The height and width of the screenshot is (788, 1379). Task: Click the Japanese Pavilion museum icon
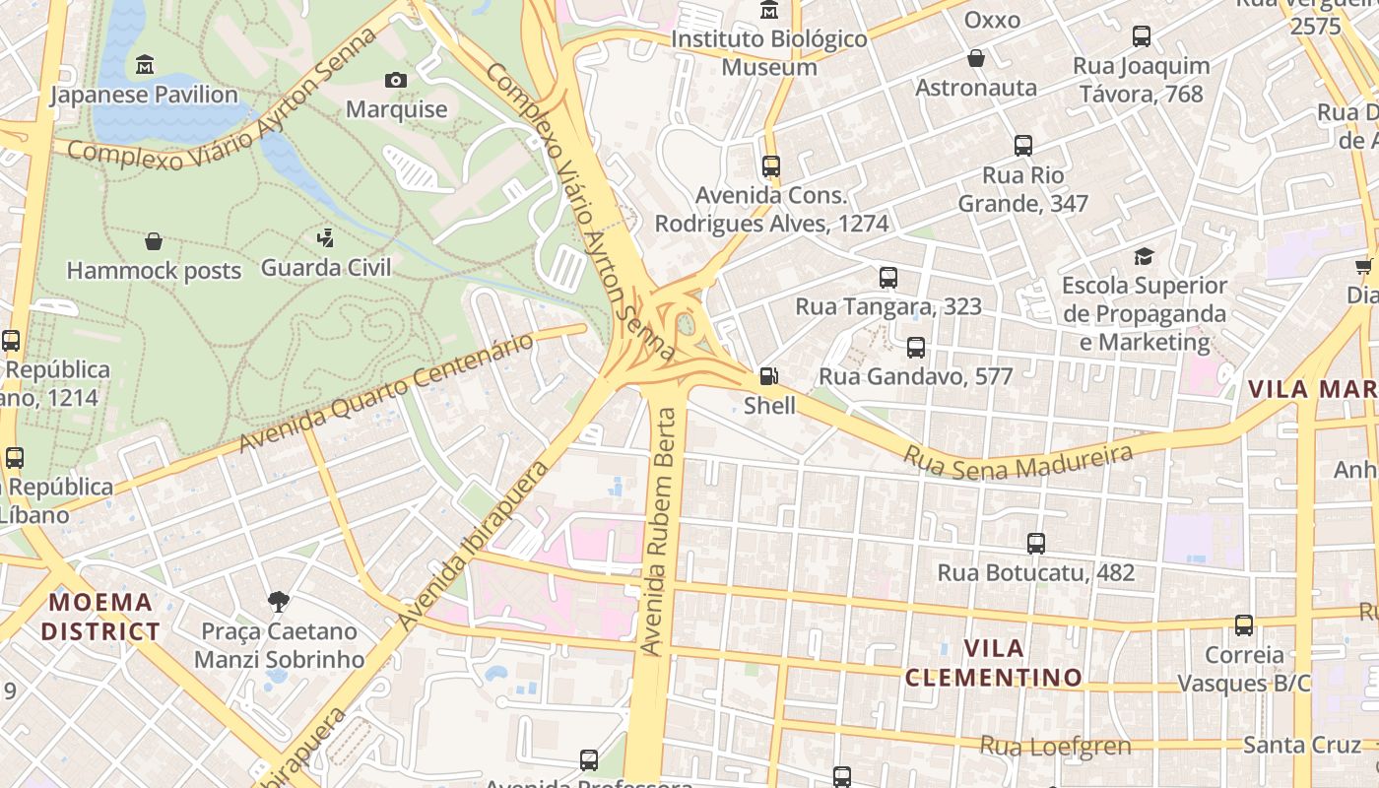click(x=145, y=65)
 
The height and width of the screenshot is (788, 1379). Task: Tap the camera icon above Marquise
click(x=396, y=80)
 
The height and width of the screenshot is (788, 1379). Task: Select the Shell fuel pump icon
click(x=768, y=376)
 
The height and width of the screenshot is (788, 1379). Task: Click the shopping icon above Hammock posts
click(x=154, y=241)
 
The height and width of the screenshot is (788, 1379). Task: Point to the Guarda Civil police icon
click(x=325, y=237)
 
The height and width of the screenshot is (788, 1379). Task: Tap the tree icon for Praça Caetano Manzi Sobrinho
click(x=279, y=601)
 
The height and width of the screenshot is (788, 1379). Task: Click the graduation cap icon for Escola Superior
click(x=1144, y=256)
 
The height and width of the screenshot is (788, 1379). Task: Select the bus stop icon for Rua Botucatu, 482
click(x=1035, y=543)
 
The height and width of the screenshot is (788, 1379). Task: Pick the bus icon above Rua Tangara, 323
click(x=888, y=277)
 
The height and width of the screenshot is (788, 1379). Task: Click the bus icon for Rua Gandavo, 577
click(x=916, y=347)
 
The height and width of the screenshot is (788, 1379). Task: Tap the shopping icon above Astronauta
click(x=976, y=58)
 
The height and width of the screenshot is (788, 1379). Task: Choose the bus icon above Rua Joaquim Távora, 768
click(x=1142, y=36)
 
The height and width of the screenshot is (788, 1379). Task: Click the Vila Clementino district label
click(x=993, y=663)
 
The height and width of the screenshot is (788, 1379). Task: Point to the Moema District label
click(x=100, y=617)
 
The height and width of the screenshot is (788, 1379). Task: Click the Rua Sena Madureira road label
click(x=1018, y=461)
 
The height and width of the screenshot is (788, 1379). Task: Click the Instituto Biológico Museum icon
click(x=768, y=10)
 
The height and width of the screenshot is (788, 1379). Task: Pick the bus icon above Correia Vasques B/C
click(x=1244, y=625)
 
